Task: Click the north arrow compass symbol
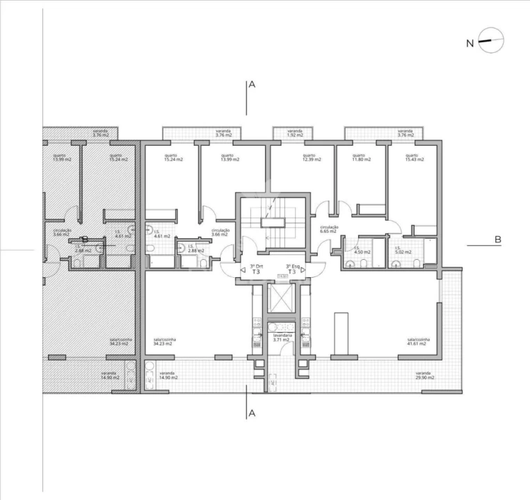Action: click(x=491, y=41)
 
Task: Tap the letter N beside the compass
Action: click(x=469, y=43)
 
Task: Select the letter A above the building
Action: click(x=252, y=85)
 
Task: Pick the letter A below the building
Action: click(x=252, y=414)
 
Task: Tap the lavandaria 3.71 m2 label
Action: click(x=282, y=337)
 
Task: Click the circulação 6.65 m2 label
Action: click(x=329, y=228)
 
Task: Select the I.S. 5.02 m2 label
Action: click(x=403, y=251)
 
